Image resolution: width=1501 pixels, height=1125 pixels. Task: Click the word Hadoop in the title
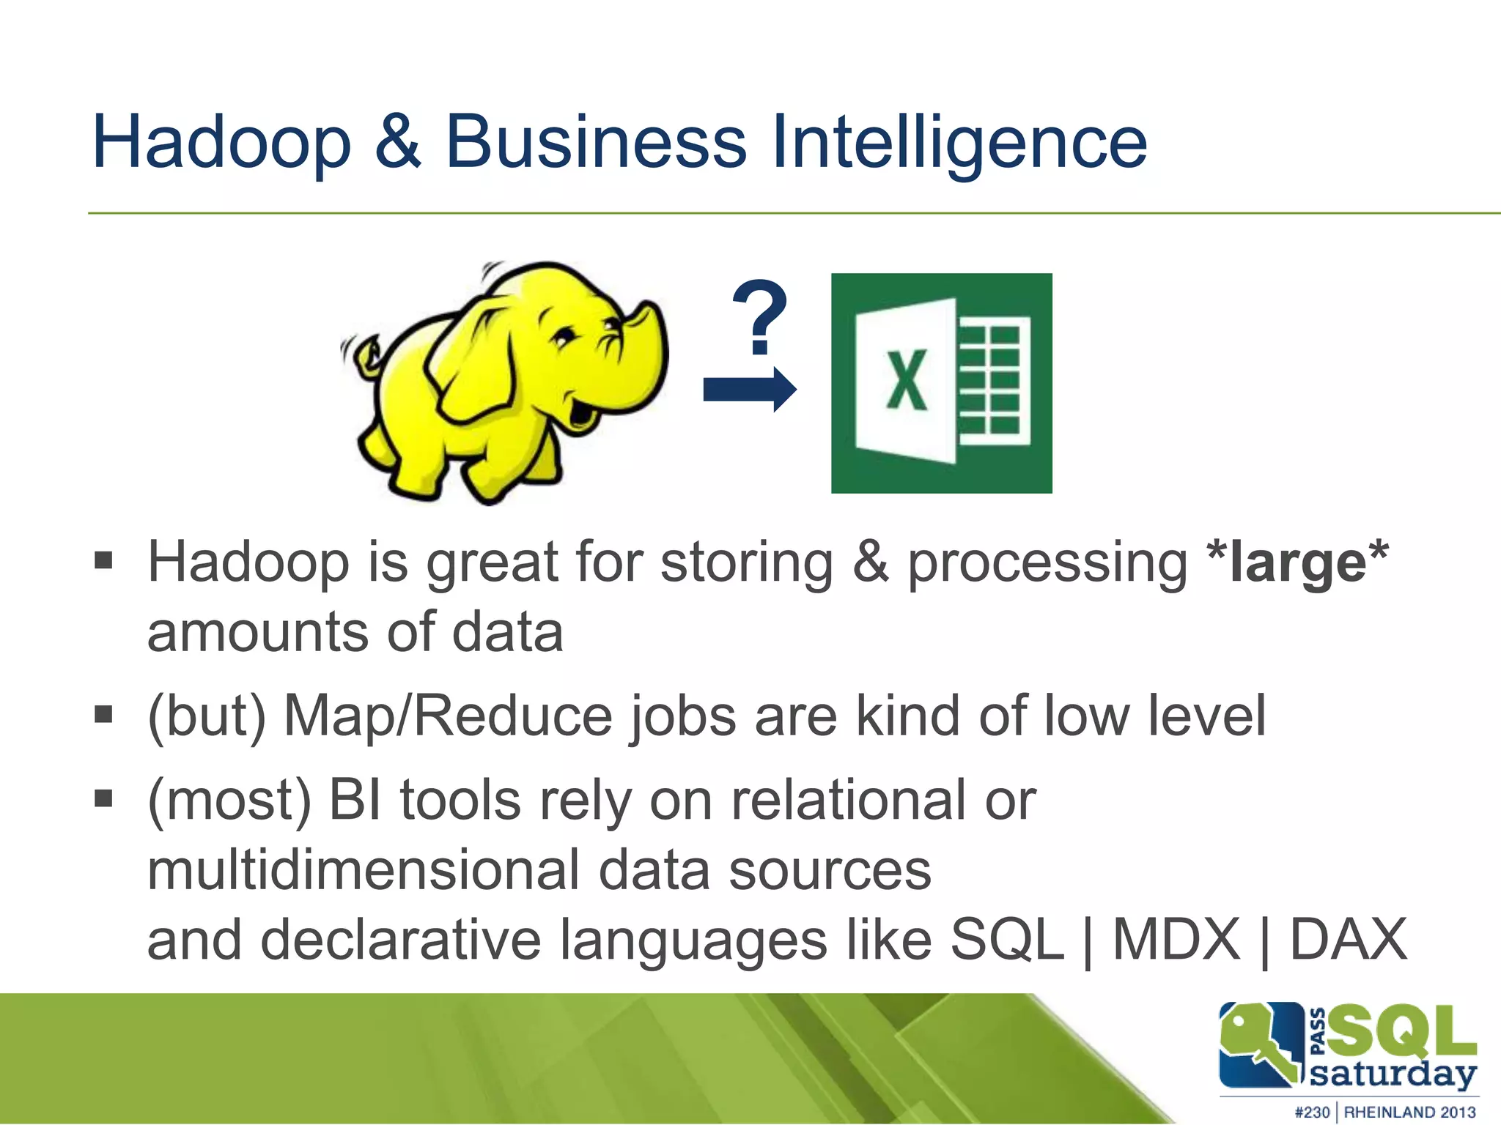[221, 143]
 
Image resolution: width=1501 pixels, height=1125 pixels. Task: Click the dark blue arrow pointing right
[748, 389]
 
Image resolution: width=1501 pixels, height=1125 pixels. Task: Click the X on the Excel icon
[907, 380]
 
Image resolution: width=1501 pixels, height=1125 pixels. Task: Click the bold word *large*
[1297, 562]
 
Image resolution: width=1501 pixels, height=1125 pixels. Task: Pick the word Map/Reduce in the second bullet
[447, 716]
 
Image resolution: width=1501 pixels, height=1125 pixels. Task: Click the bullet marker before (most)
[104, 797]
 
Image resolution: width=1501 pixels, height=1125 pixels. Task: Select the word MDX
[1176, 940]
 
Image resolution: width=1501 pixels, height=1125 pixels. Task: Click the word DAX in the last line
[1348, 940]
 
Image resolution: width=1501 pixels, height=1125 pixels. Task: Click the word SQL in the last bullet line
[1006, 940]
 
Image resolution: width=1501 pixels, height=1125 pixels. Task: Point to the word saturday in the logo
[1392, 1074]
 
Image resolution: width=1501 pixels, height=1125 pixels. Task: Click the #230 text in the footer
[1312, 1112]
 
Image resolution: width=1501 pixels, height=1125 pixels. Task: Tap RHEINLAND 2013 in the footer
[1409, 1112]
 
